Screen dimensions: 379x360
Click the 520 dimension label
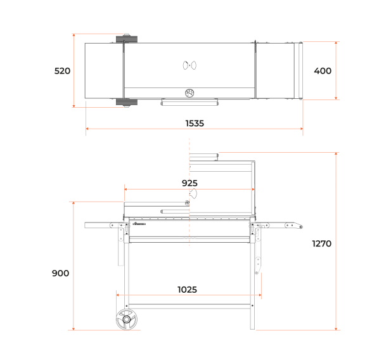pyautogui.click(x=62, y=71)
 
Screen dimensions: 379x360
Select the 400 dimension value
pyautogui.click(x=323, y=71)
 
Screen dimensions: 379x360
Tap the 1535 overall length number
pyautogui.click(x=195, y=124)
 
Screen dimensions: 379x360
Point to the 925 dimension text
pyautogui.click(x=189, y=183)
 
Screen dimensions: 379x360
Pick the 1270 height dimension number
pyautogui.click(x=322, y=243)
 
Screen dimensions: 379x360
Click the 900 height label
pyautogui.click(x=60, y=273)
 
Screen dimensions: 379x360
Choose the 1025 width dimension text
pyautogui.click(x=188, y=290)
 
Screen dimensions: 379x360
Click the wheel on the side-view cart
pyautogui.click(x=126, y=319)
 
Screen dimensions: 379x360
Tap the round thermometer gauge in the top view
pyautogui.click(x=189, y=93)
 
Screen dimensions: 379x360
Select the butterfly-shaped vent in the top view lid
pyautogui.click(x=189, y=65)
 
